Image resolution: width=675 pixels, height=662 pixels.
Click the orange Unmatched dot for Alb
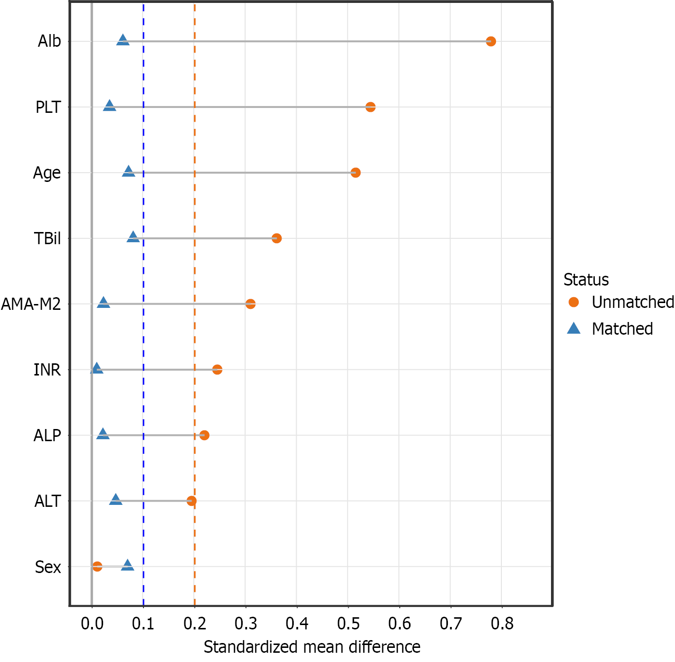coord(491,41)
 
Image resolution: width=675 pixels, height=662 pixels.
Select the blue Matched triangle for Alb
coord(123,40)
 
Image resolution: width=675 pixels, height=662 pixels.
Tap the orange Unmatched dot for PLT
coord(370,107)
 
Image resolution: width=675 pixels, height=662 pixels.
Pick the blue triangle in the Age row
coord(128,171)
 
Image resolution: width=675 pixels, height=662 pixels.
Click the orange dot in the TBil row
coord(277,238)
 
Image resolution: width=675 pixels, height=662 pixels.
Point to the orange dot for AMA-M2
coord(250,304)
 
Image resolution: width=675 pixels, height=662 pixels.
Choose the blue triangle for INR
coord(97,369)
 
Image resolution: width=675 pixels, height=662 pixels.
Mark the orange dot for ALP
coord(204,435)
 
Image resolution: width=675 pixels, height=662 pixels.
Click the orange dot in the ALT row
coord(192,501)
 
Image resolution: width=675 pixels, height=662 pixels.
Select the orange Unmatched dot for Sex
coord(97,567)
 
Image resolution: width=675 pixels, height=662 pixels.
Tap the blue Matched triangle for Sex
coord(127,565)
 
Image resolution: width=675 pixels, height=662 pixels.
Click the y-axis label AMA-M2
coord(31,304)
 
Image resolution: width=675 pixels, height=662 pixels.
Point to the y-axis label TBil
coord(47,239)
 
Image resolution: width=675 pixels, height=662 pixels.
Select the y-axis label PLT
coord(48,107)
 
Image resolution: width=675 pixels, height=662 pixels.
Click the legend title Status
coord(586,280)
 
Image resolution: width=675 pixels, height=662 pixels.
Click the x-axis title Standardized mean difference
coord(312,647)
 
